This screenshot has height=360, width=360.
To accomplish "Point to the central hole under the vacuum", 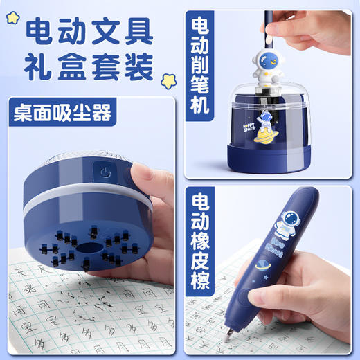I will click(x=88, y=248).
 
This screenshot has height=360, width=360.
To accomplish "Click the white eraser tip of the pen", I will click(x=228, y=339).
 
